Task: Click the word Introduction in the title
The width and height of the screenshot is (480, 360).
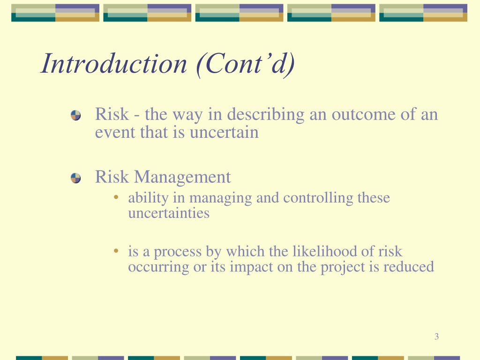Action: pos(113,63)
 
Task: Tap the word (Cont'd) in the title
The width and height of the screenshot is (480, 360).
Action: pos(245,64)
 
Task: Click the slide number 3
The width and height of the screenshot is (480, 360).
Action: pos(436,337)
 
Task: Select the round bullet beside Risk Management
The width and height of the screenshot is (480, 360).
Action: pos(75,178)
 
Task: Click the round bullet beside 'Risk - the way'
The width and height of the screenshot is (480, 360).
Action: pos(75,115)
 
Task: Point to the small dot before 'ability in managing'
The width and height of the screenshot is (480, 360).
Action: pos(116,197)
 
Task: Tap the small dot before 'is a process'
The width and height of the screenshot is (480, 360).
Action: pos(116,251)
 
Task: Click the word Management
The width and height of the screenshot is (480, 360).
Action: pos(182,178)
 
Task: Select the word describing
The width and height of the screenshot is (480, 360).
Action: pos(266,115)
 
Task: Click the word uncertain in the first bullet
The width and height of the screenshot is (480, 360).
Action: pos(224,133)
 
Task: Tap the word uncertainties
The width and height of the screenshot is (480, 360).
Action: pos(169,213)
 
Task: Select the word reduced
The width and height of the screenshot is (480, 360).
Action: pos(409,266)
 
